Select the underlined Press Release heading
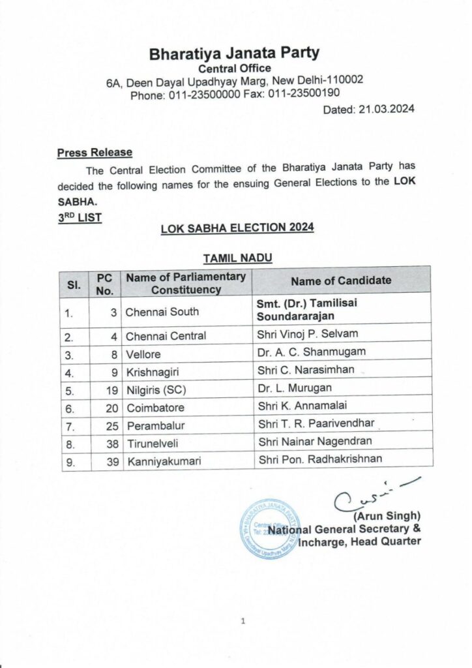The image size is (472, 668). [x=95, y=153]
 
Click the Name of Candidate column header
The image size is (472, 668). [x=341, y=280]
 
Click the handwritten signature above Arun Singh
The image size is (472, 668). [x=368, y=495]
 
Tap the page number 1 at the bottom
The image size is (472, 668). [x=243, y=622]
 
